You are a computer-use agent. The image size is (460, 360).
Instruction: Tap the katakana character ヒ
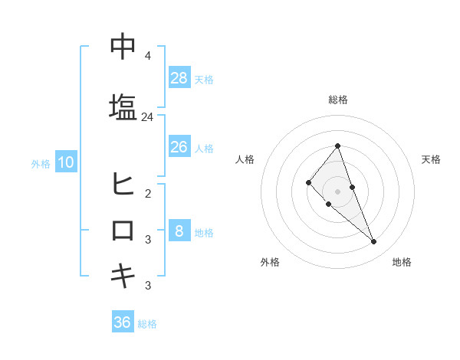point(123,184)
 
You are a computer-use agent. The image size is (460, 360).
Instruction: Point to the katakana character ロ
point(123,230)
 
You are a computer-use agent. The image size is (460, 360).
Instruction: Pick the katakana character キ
point(123,276)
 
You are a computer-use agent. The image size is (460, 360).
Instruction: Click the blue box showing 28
point(179,78)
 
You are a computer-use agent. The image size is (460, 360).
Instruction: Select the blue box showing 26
point(179,147)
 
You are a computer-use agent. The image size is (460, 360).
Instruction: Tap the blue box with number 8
point(179,231)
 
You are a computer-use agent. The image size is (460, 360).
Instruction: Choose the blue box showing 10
point(65,162)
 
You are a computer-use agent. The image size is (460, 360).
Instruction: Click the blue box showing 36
point(123,322)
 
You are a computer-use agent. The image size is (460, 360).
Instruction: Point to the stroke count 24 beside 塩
point(148,117)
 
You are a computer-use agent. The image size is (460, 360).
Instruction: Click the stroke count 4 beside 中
point(147,56)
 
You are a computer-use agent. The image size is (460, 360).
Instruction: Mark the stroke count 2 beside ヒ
point(147,193)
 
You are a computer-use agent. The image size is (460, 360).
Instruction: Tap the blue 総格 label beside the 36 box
point(148,324)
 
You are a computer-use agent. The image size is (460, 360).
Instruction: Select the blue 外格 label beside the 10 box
point(41,163)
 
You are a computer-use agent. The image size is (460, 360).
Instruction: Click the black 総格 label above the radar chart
point(337,100)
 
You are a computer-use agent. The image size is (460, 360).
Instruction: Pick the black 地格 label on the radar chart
point(402,263)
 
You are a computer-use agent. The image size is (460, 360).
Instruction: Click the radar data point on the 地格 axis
point(374,242)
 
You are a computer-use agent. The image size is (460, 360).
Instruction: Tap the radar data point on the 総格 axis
point(337,146)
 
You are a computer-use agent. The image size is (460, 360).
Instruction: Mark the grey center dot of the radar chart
point(337,191)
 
